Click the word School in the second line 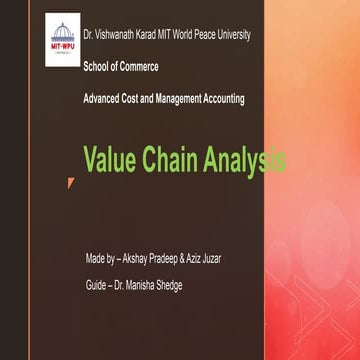(x=98, y=67)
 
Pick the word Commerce (x=140, y=67)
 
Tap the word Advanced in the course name (x=104, y=98)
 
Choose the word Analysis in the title (x=247, y=159)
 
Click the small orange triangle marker (x=70, y=182)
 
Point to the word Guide (x=97, y=285)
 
